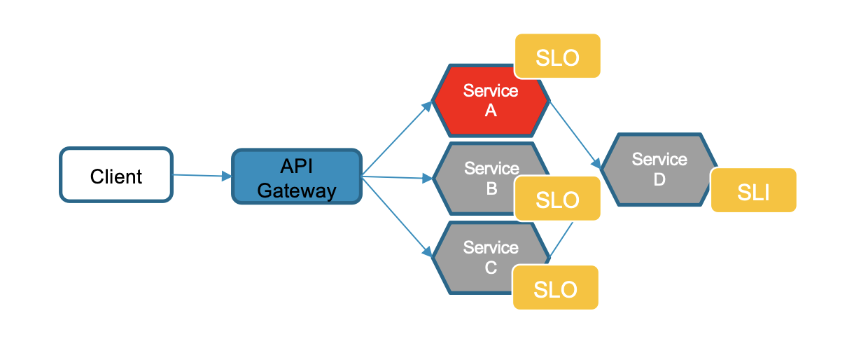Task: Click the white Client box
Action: (115, 175)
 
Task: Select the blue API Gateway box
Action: (297, 176)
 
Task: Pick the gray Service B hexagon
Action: (476, 179)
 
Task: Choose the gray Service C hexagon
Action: (476, 258)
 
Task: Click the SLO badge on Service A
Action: (558, 56)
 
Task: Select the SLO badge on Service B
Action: (558, 199)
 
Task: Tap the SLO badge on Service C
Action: (556, 287)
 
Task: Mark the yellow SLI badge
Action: (754, 191)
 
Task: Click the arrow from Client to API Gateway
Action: (202, 176)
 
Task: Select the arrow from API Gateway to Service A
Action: (397, 139)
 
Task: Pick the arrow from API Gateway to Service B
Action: (397, 177)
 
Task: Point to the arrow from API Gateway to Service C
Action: (397, 214)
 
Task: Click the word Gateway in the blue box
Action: (297, 190)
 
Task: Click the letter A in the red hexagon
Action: (491, 110)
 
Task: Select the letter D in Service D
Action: (659, 179)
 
